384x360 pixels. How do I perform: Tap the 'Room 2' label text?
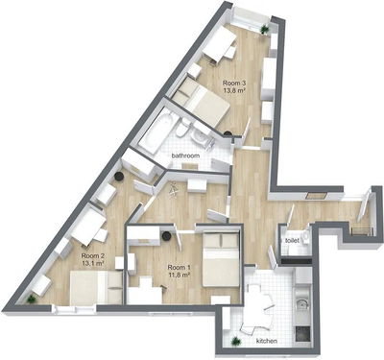[93, 256]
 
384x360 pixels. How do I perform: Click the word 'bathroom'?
[185, 156]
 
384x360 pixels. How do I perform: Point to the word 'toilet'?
[293, 240]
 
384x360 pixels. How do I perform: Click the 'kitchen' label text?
[267, 341]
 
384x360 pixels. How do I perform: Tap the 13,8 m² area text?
[234, 91]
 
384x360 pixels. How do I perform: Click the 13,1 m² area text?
[93, 263]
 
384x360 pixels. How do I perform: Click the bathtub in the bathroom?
[156, 131]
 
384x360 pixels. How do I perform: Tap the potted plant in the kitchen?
[236, 341]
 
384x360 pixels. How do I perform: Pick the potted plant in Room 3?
[264, 30]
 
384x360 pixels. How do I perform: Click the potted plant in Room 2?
[32, 300]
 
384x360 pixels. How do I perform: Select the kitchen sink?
[301, 303]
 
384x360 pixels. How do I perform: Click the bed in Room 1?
[221, 259]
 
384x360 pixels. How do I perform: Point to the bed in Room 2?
[96, 287]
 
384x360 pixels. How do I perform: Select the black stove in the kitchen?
[302, 334]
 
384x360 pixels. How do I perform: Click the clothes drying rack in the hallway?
[174, 189]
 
